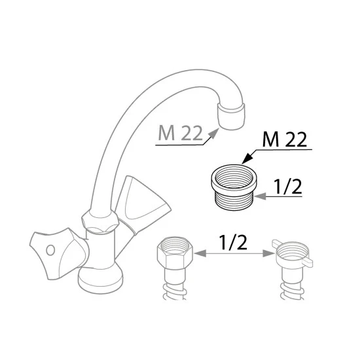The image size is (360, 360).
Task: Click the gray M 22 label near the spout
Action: click(x=181, y=134)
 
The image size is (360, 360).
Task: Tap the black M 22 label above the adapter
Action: click(x=285, y=139)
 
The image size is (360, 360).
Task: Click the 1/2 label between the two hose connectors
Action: click(x=234, y=242)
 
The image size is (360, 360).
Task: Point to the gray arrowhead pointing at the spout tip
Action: click(x=214, y=133)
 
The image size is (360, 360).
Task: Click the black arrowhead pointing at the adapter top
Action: click(x=247, y=158)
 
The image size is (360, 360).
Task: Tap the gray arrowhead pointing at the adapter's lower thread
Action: click(x=260, y=196)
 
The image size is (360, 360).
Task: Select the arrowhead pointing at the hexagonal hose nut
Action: click(x=200, y=253)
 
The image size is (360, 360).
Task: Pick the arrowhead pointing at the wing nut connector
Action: click(x=268, y=253)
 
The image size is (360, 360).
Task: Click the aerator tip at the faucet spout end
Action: click(x=231, y=116)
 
